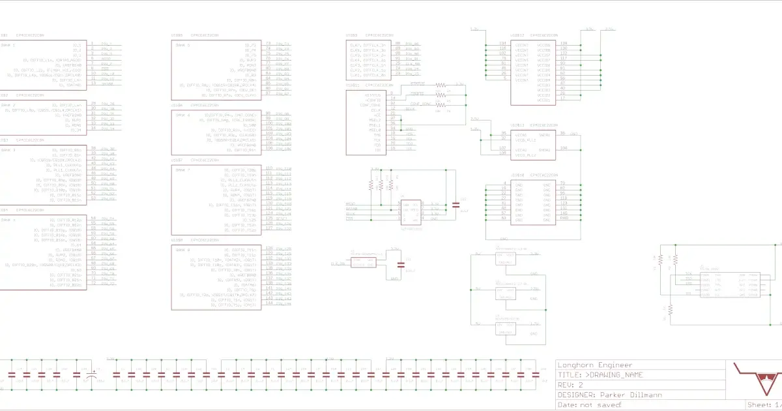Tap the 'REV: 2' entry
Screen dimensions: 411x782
(572, 385)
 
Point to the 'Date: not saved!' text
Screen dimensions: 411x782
(590, 405)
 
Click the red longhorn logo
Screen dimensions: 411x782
(757, 379)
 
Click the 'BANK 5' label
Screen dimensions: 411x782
(181, 45)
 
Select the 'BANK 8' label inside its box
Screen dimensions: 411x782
(181, 250)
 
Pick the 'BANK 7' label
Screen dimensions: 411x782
(181, 170)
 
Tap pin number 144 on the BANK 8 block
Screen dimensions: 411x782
(268, 305)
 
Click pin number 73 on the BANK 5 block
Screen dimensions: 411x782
(268, 44)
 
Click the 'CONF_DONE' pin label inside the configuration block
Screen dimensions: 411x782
(371, 105)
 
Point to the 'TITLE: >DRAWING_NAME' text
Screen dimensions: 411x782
(601, 375)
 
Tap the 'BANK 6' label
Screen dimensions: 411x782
(181, 114)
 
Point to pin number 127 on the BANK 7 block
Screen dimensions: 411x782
(268, 228)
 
